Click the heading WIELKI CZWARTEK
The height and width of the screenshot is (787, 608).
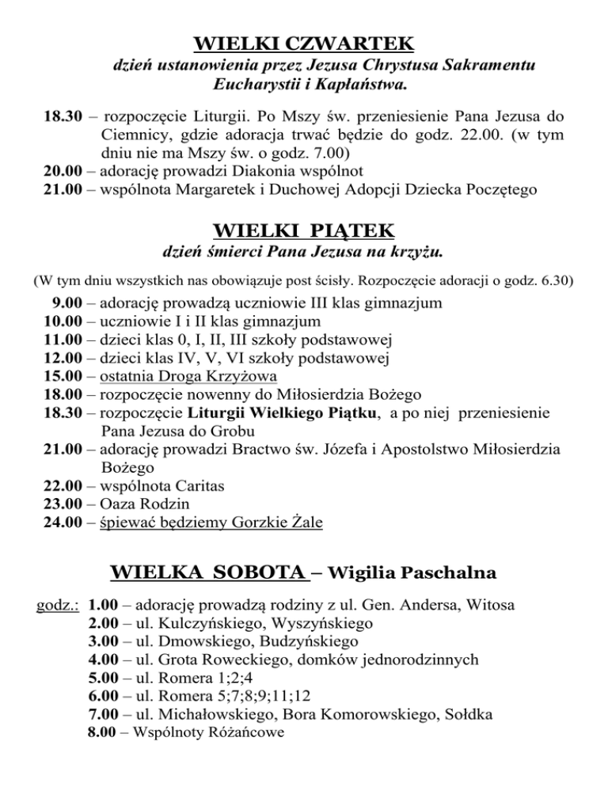(x=304, y=40)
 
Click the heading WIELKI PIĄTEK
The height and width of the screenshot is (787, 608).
(x=304, y=231)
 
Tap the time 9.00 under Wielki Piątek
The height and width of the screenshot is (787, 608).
(x=67, y=304)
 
